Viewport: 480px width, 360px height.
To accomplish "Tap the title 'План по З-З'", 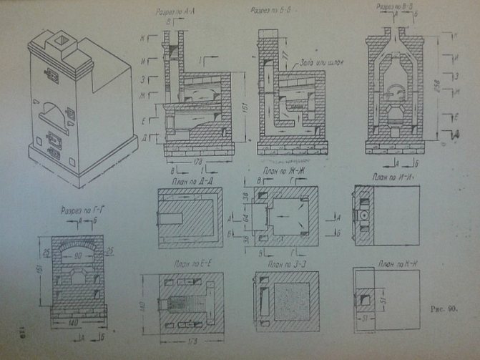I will [x=280, y=265].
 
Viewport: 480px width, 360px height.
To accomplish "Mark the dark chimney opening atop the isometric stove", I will [x=62, y=40].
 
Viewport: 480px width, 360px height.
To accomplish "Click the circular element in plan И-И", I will [x=363, y=214].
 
